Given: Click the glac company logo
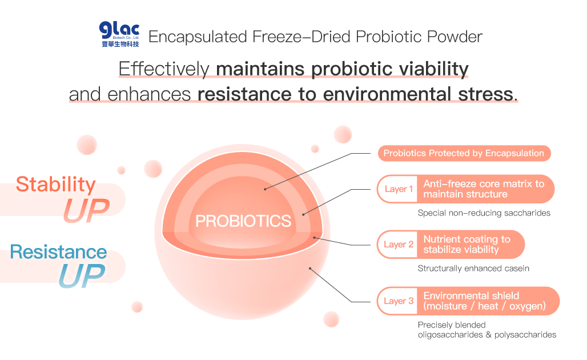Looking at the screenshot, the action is [119, 34].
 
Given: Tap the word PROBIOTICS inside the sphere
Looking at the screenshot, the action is [243, 221].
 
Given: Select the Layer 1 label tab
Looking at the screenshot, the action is [399, 189].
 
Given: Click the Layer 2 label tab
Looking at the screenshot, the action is [399, 245].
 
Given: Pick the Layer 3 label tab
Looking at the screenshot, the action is [399, 301].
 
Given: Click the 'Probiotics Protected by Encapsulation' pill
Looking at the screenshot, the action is [464, 153].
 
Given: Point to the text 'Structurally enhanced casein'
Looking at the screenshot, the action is [473, 268].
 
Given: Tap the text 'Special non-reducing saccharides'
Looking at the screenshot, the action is [484, 213].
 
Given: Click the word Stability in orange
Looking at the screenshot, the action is [56, 185].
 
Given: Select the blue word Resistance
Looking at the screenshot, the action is [58, 252].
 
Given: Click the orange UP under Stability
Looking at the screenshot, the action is [86, 210].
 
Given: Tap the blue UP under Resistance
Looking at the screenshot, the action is [82, 275].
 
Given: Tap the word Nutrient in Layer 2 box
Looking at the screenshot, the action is [440, 239].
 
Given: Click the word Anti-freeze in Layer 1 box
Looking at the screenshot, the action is [446, 183].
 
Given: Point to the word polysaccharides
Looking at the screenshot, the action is [525, 334].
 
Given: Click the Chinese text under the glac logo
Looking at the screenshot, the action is [120, 44].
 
